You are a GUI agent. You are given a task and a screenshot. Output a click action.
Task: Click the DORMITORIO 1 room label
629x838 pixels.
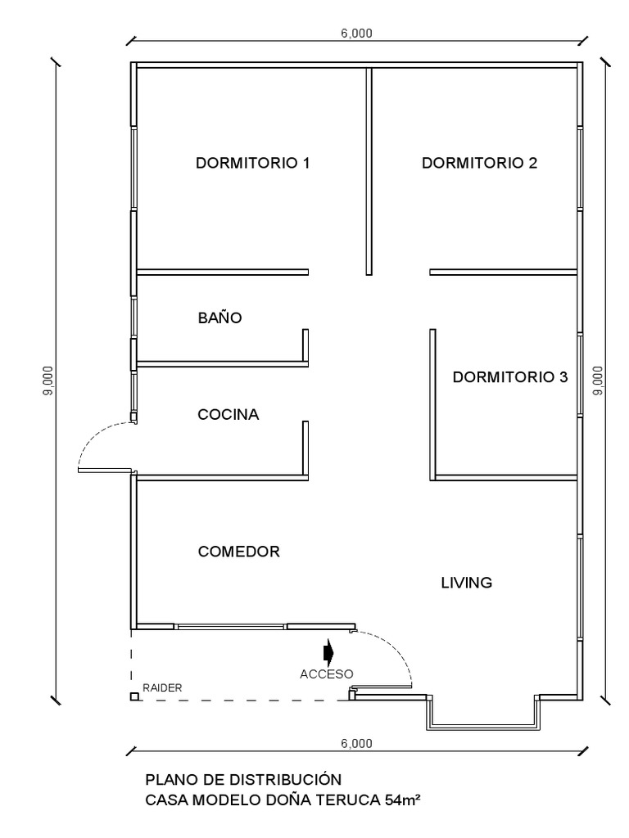[252, 163]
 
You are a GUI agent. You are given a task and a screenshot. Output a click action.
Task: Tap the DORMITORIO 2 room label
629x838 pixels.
[479, 163]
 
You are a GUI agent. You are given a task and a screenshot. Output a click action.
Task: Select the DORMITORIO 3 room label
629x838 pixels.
[509, 377]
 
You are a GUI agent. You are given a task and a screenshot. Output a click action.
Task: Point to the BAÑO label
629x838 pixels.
[220, 318]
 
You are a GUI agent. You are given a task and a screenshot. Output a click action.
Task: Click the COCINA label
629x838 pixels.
[229, 415]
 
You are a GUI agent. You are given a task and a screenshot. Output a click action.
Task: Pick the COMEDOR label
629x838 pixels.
[239, 552]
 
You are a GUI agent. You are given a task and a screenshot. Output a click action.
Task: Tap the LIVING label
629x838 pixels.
[466, 583]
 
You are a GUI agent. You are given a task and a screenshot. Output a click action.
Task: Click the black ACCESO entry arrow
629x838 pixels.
[328, 651]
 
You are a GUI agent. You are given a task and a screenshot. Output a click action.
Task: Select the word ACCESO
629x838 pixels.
[326, 674]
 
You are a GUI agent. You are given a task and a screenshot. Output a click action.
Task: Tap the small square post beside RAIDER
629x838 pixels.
[133, 697]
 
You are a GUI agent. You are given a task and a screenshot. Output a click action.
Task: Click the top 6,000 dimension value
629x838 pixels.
[356, 33]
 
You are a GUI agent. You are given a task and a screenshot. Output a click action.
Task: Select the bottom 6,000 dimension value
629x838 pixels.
[356, 743]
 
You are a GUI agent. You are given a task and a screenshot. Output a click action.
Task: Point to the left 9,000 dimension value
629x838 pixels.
[48, 381]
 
